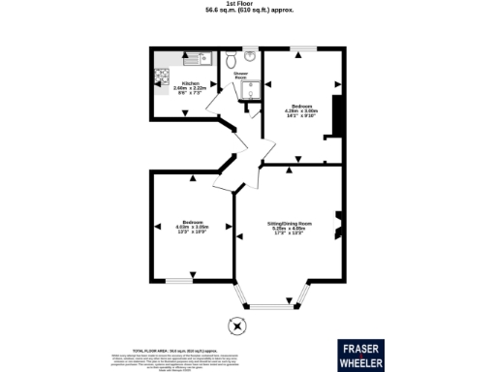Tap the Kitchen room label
point(190,83)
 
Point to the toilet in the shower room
point(231,60)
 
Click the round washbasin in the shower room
point(250,55)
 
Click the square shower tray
point(251,89)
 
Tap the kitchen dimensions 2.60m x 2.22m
point(190,89)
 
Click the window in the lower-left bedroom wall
point(177,281)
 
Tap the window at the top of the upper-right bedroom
point(301,48)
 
